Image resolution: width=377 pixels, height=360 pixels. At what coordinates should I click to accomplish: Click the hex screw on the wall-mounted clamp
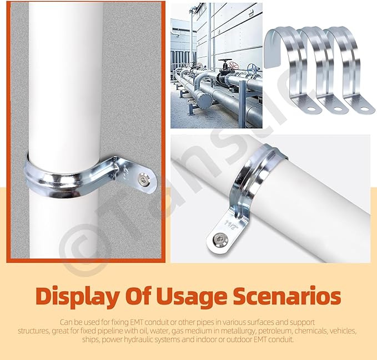[144, 180]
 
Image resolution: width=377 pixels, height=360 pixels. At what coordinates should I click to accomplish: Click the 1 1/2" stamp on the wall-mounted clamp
[126, 172]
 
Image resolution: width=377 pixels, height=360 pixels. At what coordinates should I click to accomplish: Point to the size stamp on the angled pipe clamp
[230, 224]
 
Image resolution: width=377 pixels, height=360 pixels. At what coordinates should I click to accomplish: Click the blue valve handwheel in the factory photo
[253, 69]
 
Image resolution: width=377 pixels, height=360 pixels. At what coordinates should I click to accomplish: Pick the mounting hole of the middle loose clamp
[338, 108]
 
